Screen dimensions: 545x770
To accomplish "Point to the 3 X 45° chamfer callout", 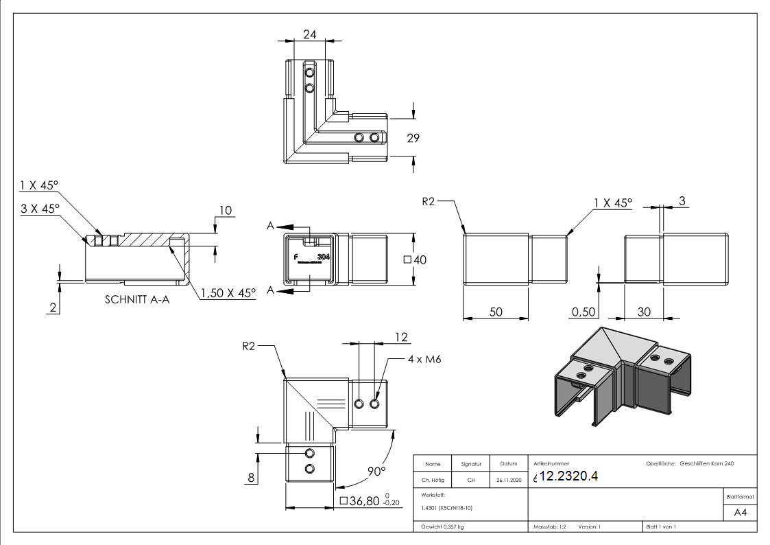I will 40,208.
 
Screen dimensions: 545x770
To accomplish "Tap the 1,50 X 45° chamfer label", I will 228,292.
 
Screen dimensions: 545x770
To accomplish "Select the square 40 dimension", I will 416,260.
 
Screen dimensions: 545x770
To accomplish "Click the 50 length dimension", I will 496,312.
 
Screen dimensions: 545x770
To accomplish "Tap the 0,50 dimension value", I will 583,312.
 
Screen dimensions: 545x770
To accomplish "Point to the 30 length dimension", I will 644,312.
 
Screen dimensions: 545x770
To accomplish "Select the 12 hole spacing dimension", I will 401,337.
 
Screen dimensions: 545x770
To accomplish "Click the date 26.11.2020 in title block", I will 508,480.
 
